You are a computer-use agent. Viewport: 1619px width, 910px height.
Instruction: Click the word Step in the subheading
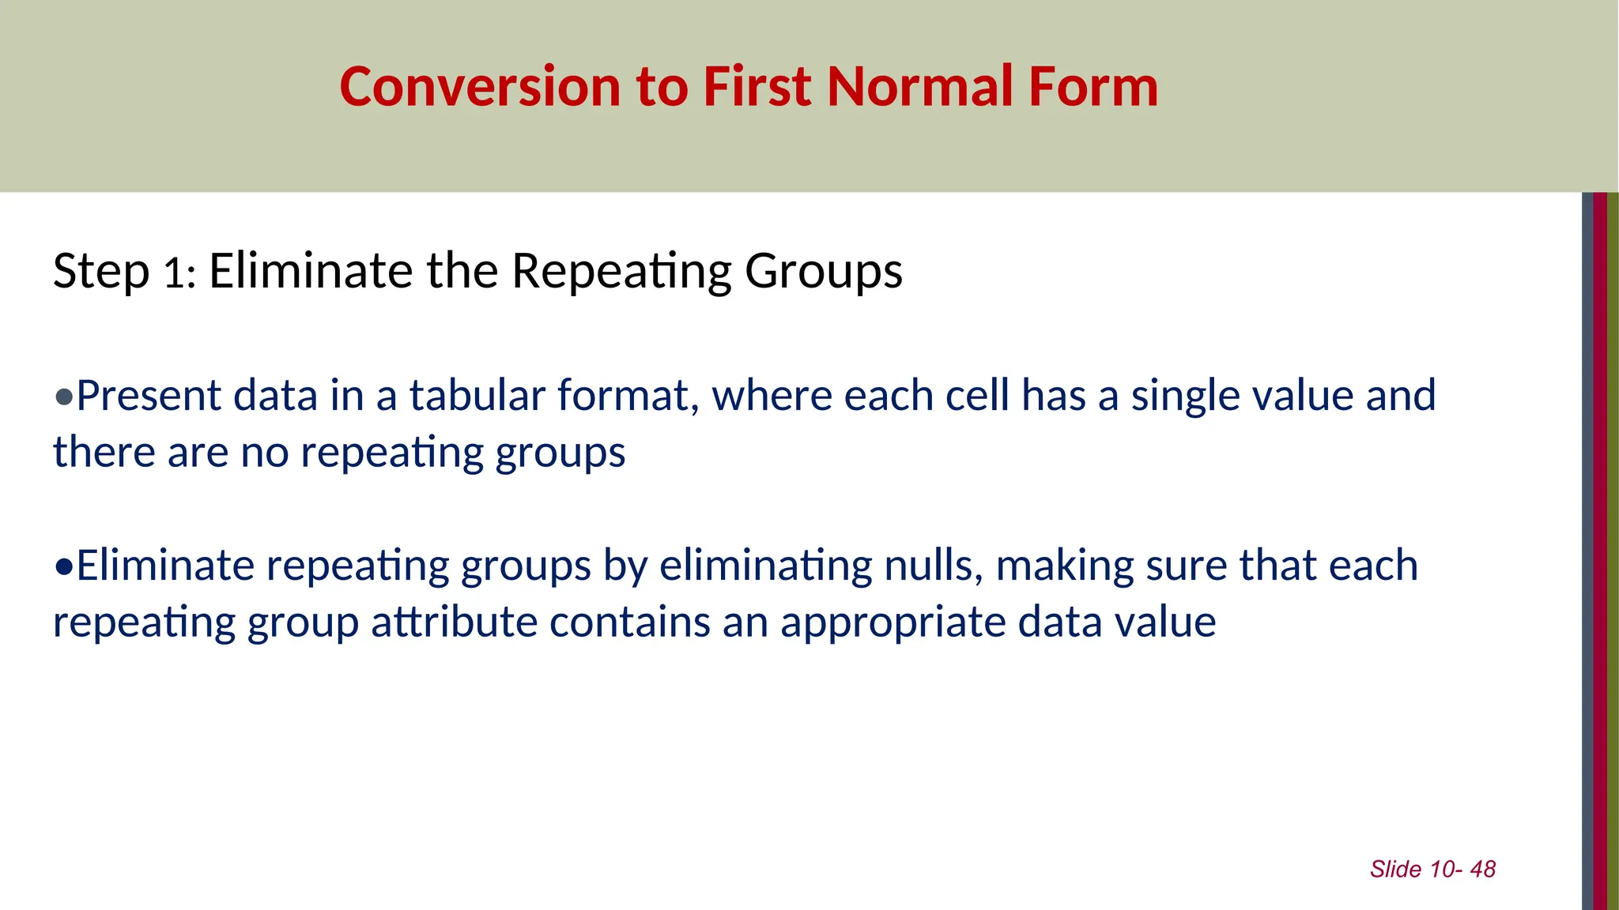coord(100,273)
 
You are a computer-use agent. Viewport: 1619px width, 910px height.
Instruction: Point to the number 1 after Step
coord(173,274)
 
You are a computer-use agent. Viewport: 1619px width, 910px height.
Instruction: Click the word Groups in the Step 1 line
coord(823,273)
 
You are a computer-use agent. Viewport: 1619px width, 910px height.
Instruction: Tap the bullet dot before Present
coord(63,397)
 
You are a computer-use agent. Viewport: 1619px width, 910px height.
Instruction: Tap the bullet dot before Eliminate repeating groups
coord(63,566)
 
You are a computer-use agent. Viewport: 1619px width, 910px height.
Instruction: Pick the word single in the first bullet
coord(1191,397)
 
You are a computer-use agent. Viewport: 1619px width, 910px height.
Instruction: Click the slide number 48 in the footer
coord(1483,870)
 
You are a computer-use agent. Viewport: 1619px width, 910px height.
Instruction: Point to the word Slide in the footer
coord(1395,870)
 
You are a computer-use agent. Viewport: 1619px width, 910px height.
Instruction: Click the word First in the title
coord(757,87)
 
